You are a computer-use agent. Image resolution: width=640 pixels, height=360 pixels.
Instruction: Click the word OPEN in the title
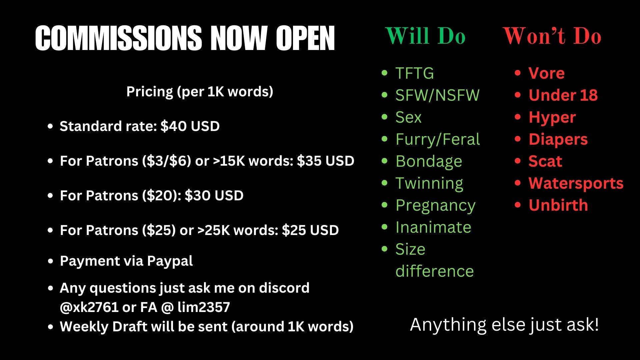pos(305,38)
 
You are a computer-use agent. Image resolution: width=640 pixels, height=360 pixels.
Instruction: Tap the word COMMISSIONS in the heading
pos(118,38)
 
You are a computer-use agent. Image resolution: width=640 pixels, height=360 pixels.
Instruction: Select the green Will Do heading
pos(425,36)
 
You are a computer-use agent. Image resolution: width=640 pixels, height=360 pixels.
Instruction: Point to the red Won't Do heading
pos(552,36)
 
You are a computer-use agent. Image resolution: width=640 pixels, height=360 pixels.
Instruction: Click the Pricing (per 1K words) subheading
pos(200,92)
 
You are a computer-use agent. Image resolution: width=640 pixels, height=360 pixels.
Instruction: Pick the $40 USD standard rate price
pos(190,126)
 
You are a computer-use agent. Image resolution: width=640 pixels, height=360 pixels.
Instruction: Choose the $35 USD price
pos(325,161)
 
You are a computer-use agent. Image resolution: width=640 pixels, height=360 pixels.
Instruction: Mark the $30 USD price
pos(214,196)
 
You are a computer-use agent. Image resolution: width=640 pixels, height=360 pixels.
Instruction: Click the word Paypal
pos(170,261)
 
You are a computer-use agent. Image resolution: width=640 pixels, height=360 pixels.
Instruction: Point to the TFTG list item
pos(415,73)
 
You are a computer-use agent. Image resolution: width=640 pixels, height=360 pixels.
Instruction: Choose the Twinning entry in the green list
pos(429,184)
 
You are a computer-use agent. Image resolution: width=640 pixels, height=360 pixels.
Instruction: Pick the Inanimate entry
pos(433,227)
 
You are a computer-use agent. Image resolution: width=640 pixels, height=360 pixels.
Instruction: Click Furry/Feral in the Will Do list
pos(438,139)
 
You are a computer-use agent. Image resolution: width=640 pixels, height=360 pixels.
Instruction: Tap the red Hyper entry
pos(552,118)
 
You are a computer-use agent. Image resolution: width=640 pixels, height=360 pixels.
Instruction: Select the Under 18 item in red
pos(563,95)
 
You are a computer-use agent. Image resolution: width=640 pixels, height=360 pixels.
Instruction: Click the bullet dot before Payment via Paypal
pos(51,261)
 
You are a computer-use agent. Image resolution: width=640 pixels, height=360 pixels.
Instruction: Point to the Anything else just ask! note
pos(504,324)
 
